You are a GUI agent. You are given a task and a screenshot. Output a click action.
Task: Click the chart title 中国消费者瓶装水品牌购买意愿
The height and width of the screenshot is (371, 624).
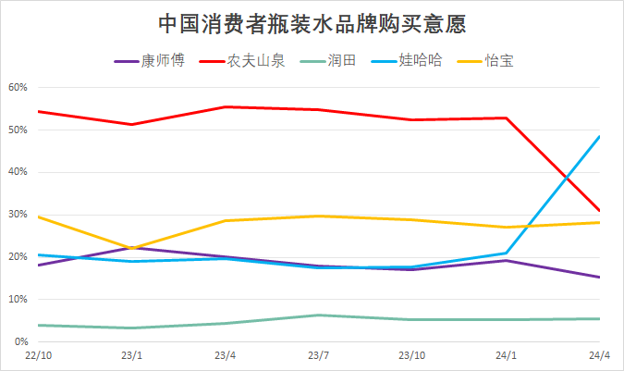point(312,22)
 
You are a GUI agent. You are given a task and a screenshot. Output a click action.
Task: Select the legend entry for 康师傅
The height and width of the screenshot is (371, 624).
point(150,62)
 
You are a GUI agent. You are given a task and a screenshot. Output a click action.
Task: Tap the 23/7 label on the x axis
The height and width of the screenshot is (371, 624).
point(319,356)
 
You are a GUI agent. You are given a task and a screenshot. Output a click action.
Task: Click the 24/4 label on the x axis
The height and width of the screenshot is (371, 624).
point(599,356)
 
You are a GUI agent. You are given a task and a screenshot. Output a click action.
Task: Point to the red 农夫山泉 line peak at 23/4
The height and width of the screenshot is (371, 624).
point(225,106)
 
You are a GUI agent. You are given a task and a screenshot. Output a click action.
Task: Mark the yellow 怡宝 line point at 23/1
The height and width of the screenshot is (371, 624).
point(131,248)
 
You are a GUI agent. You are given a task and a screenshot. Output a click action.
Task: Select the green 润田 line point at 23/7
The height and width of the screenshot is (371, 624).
point(319,315)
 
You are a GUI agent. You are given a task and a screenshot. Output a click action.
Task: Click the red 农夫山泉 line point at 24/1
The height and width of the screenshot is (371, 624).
point(506,117)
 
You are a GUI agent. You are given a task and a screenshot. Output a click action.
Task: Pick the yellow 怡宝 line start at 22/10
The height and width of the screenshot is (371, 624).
point(38,216)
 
